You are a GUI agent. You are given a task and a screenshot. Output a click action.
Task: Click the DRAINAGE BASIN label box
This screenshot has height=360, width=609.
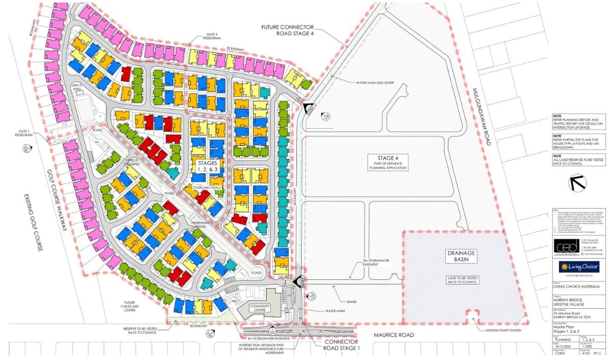[462, 256]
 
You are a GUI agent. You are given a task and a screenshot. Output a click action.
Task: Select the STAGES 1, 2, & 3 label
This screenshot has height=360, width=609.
[207, 166]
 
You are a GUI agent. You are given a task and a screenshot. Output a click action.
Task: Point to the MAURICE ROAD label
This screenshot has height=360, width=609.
[394, 334]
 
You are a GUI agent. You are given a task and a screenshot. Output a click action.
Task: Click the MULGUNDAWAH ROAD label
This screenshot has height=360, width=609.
[482, 117]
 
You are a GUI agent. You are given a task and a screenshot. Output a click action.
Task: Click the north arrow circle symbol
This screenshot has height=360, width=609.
[578, 183]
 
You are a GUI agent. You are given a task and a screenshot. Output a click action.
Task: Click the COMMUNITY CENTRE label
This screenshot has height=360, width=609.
[260, 309]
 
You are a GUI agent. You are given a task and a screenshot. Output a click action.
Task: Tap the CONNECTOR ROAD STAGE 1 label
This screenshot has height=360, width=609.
[341, 345]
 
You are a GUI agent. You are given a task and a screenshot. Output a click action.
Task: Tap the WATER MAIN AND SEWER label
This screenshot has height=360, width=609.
[375, 83]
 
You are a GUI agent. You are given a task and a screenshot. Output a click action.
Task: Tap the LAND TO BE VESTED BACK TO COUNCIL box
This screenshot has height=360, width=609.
[462, 280]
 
